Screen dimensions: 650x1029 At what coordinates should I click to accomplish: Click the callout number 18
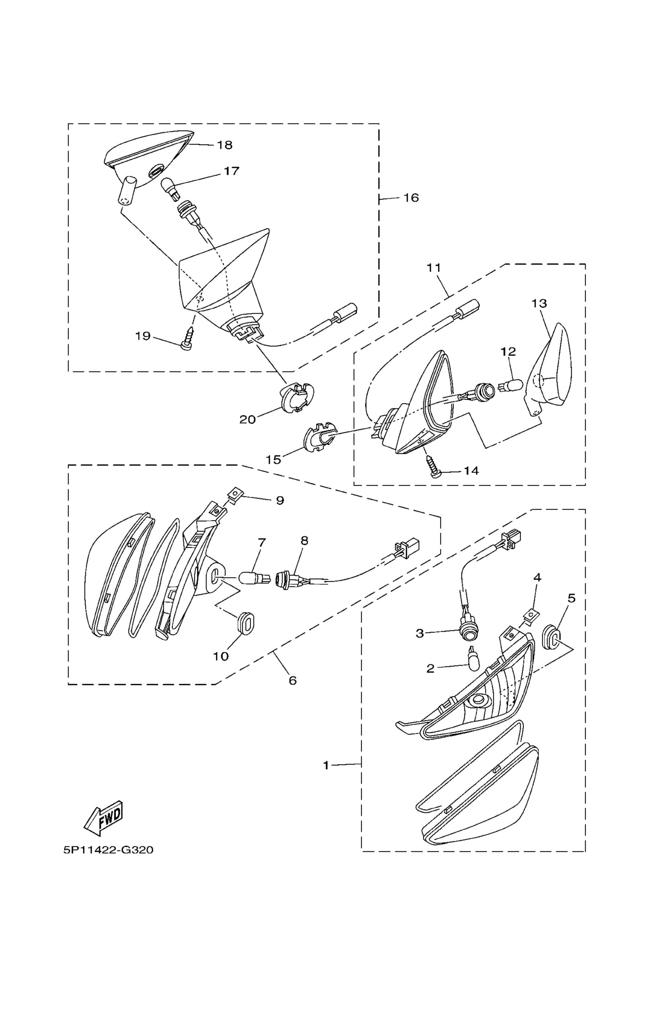(224, 145)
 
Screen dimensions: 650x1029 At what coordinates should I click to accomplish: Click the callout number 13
(539, 303)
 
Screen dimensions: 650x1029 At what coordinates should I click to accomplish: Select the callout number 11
(433, 268)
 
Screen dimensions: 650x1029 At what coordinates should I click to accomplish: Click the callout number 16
(411, 198)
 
